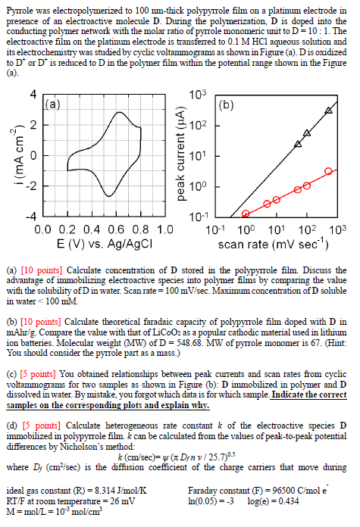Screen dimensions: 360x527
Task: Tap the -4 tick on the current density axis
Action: [x=31, y=217]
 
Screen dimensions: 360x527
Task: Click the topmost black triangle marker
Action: [x=328, y=111]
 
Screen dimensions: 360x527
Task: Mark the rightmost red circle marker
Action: [x=328, y=171]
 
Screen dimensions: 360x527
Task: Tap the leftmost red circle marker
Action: [x=246, y=214]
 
